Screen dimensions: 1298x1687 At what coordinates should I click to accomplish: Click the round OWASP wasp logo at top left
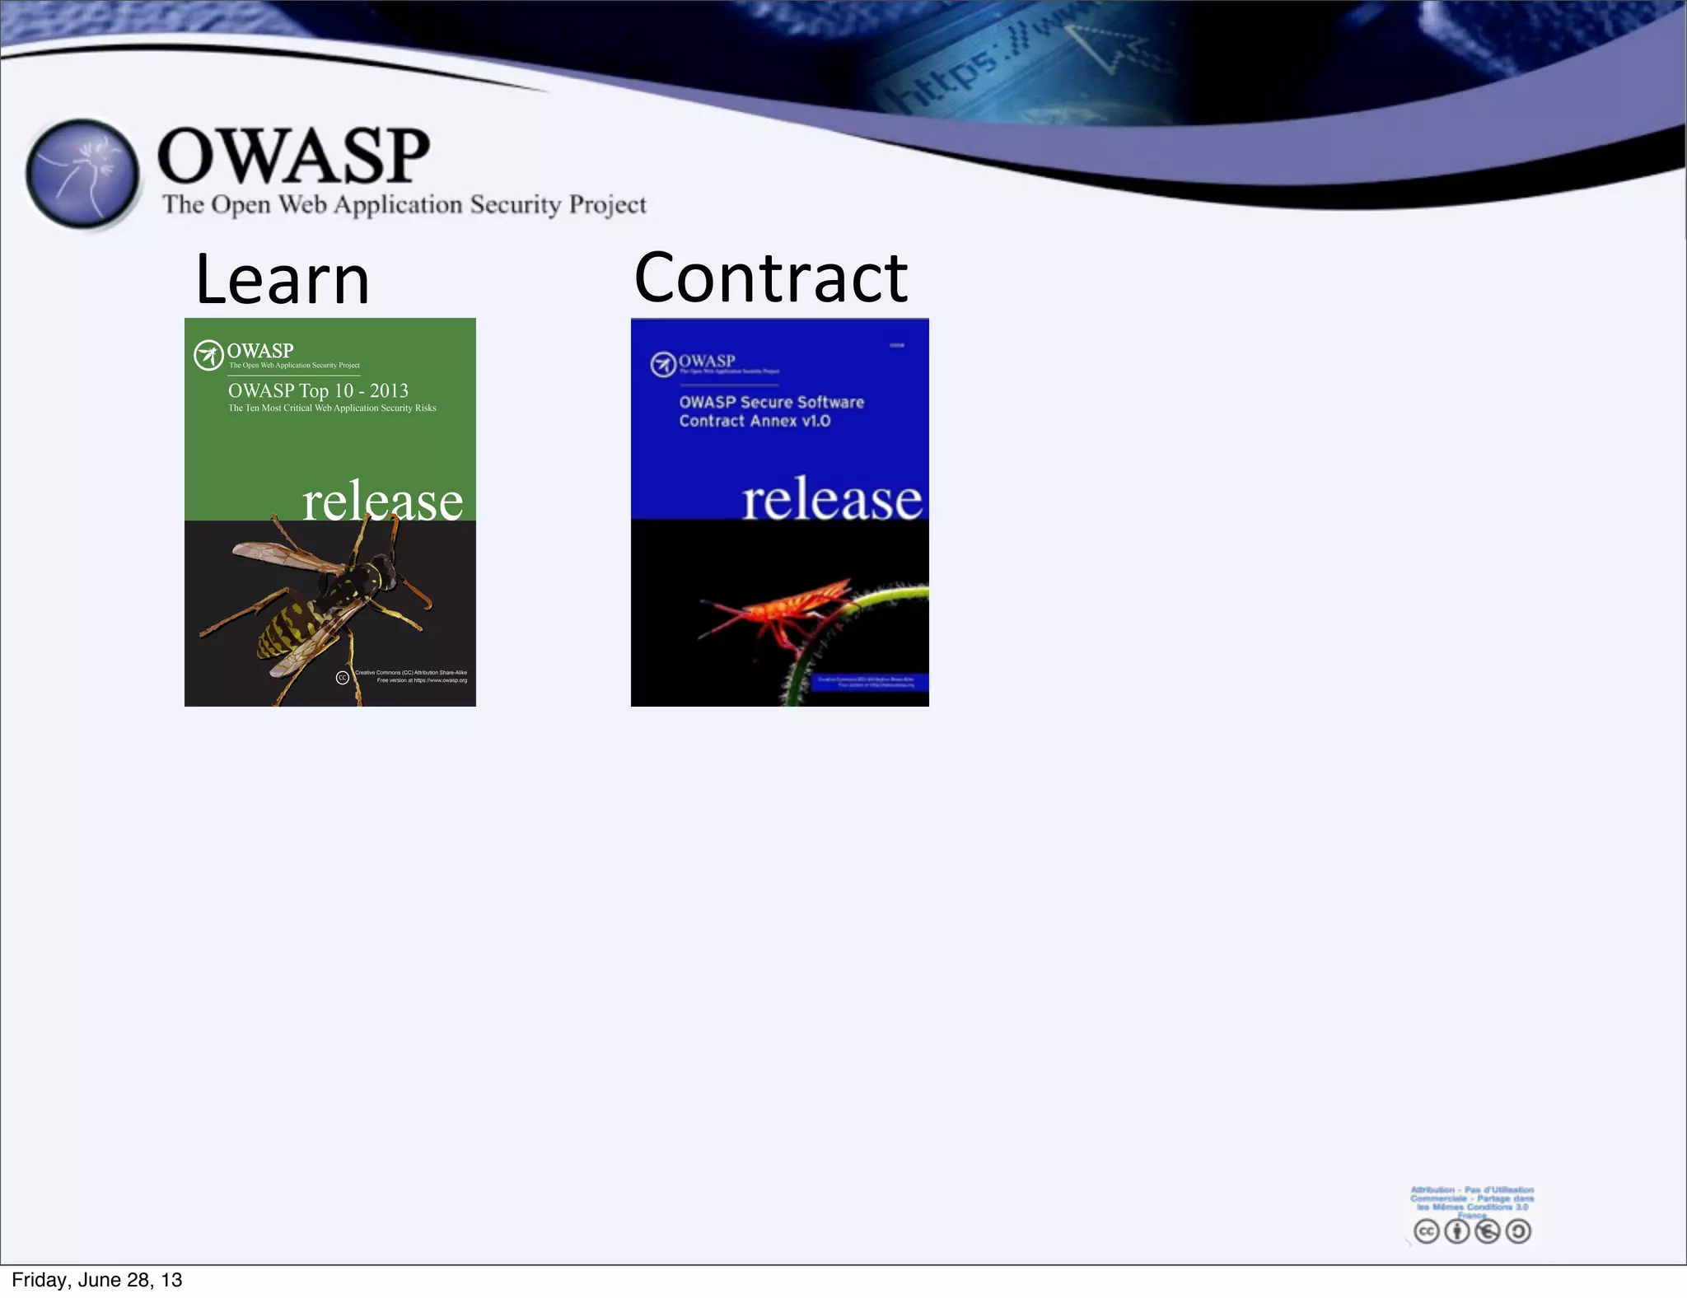click(82, 174)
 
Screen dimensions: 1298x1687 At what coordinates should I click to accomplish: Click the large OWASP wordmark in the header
click(293, 156)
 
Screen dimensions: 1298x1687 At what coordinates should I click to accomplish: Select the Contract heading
click(770, 278)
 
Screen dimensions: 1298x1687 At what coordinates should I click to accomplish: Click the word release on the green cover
click(382, 501)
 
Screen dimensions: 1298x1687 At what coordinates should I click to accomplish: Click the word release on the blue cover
click(831, 499)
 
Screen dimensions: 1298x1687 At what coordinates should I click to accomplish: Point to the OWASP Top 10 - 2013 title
click(318, 390)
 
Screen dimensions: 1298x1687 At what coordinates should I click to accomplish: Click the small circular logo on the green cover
click(208, 356)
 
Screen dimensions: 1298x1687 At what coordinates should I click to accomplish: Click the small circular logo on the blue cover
click(662, 364)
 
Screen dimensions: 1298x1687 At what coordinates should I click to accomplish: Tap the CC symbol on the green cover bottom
click(343, 678)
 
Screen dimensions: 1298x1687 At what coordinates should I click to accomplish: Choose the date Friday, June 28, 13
click(97, 1280)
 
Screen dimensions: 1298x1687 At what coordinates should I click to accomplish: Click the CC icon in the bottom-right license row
click(1426, 1231)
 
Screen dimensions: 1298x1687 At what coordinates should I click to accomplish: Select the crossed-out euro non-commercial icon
click(1488, 1231)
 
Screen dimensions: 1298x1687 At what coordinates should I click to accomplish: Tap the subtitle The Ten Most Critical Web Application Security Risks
click(332, 409)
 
